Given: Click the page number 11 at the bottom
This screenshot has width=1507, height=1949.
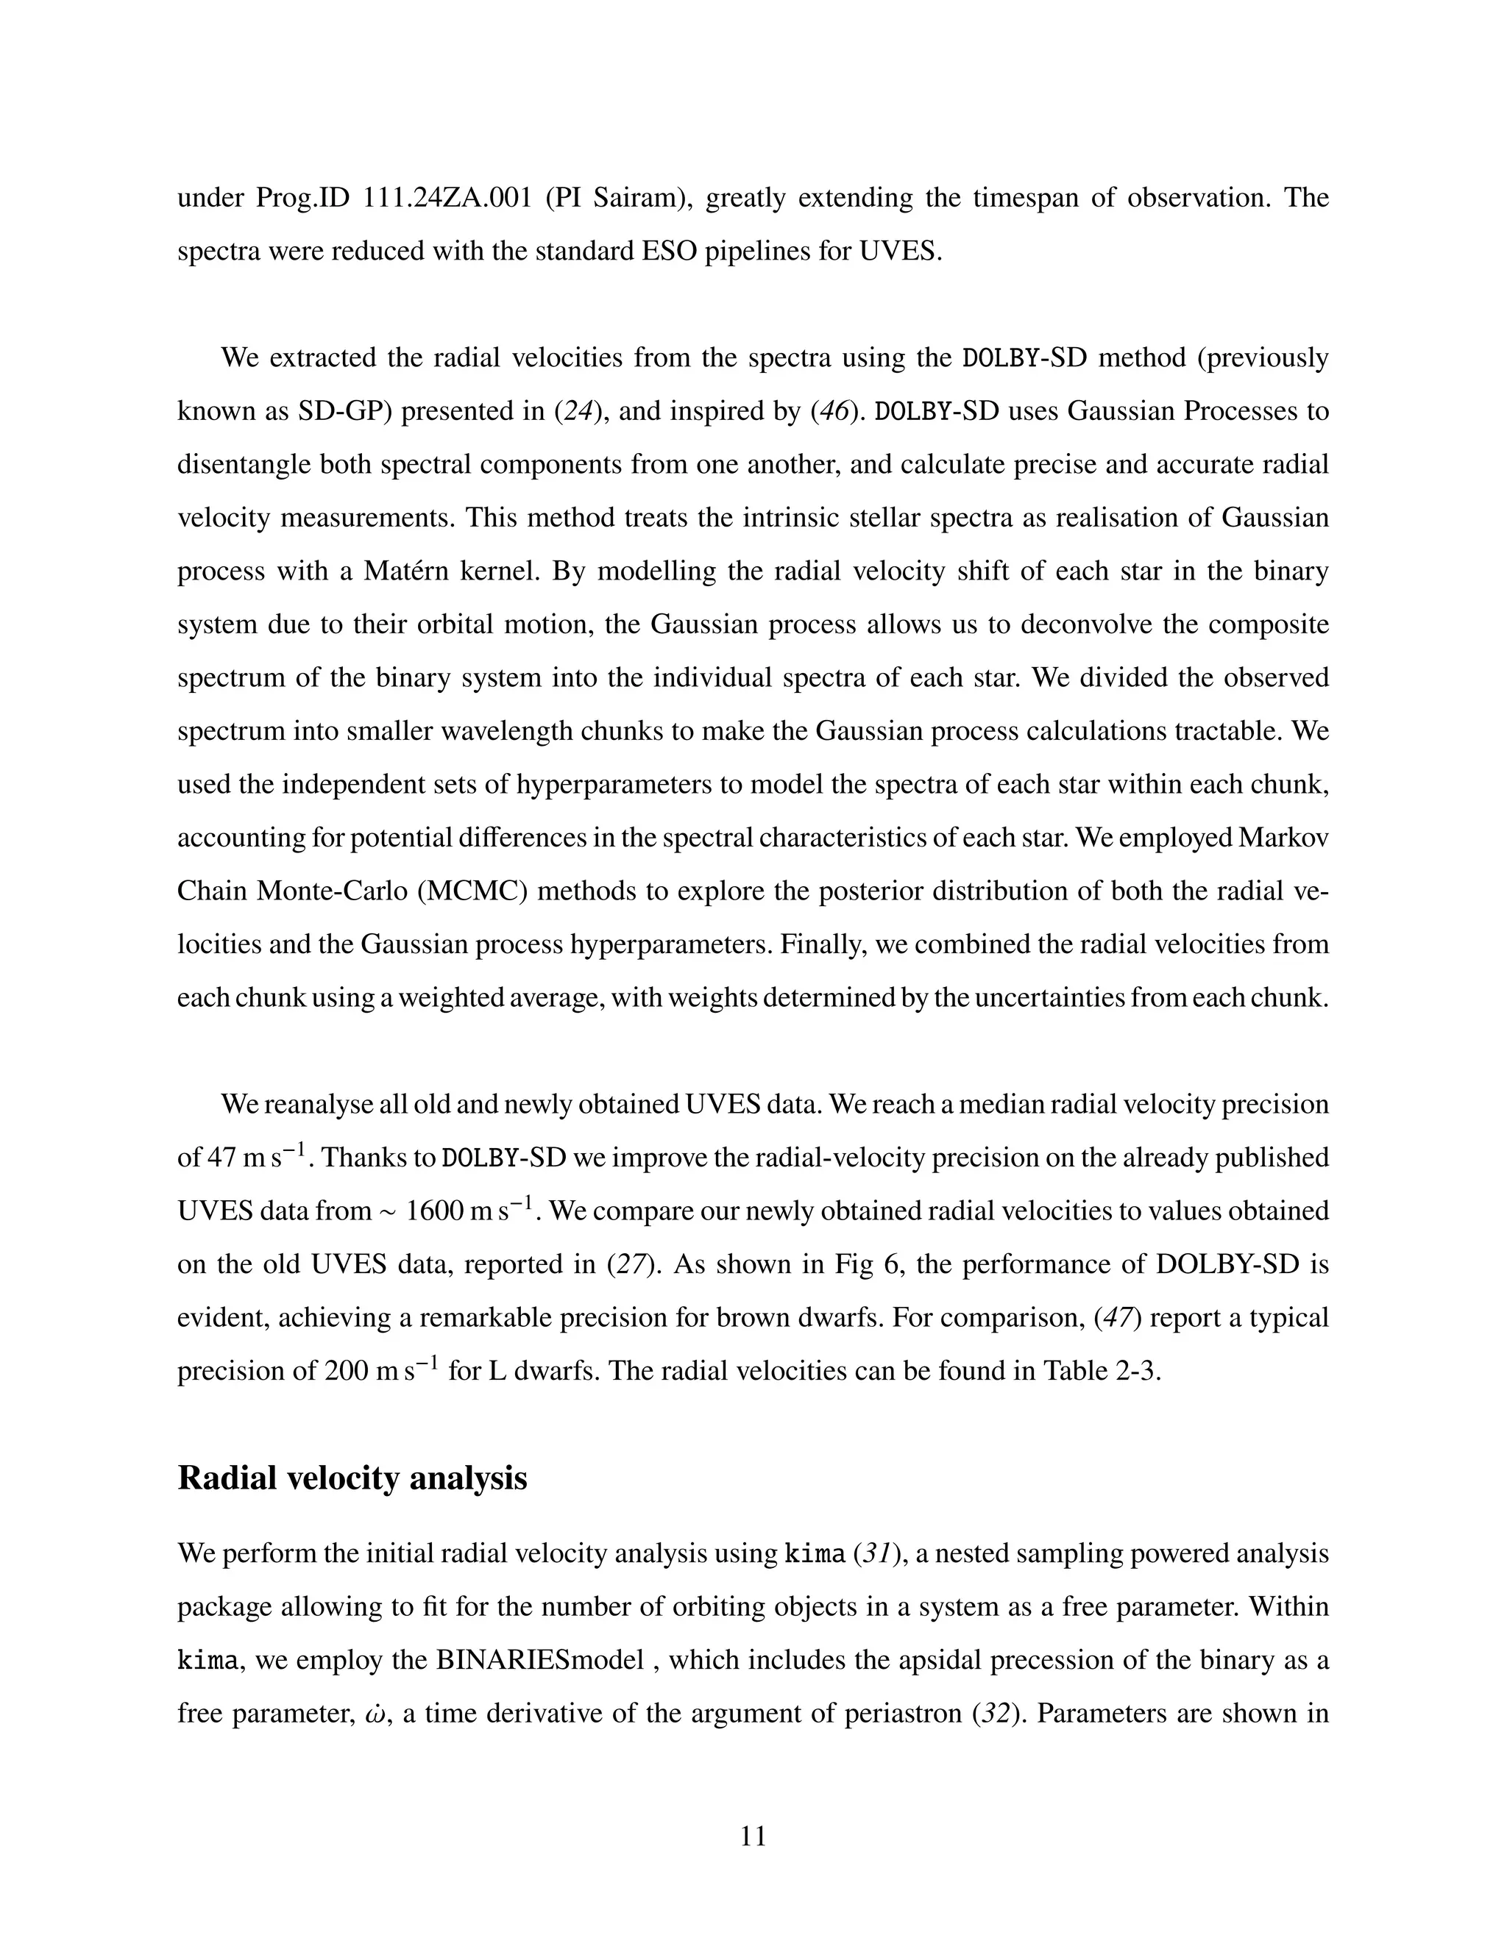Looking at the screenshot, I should click(753, 1836).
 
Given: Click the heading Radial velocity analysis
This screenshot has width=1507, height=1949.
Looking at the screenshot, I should click(352, 1478).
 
